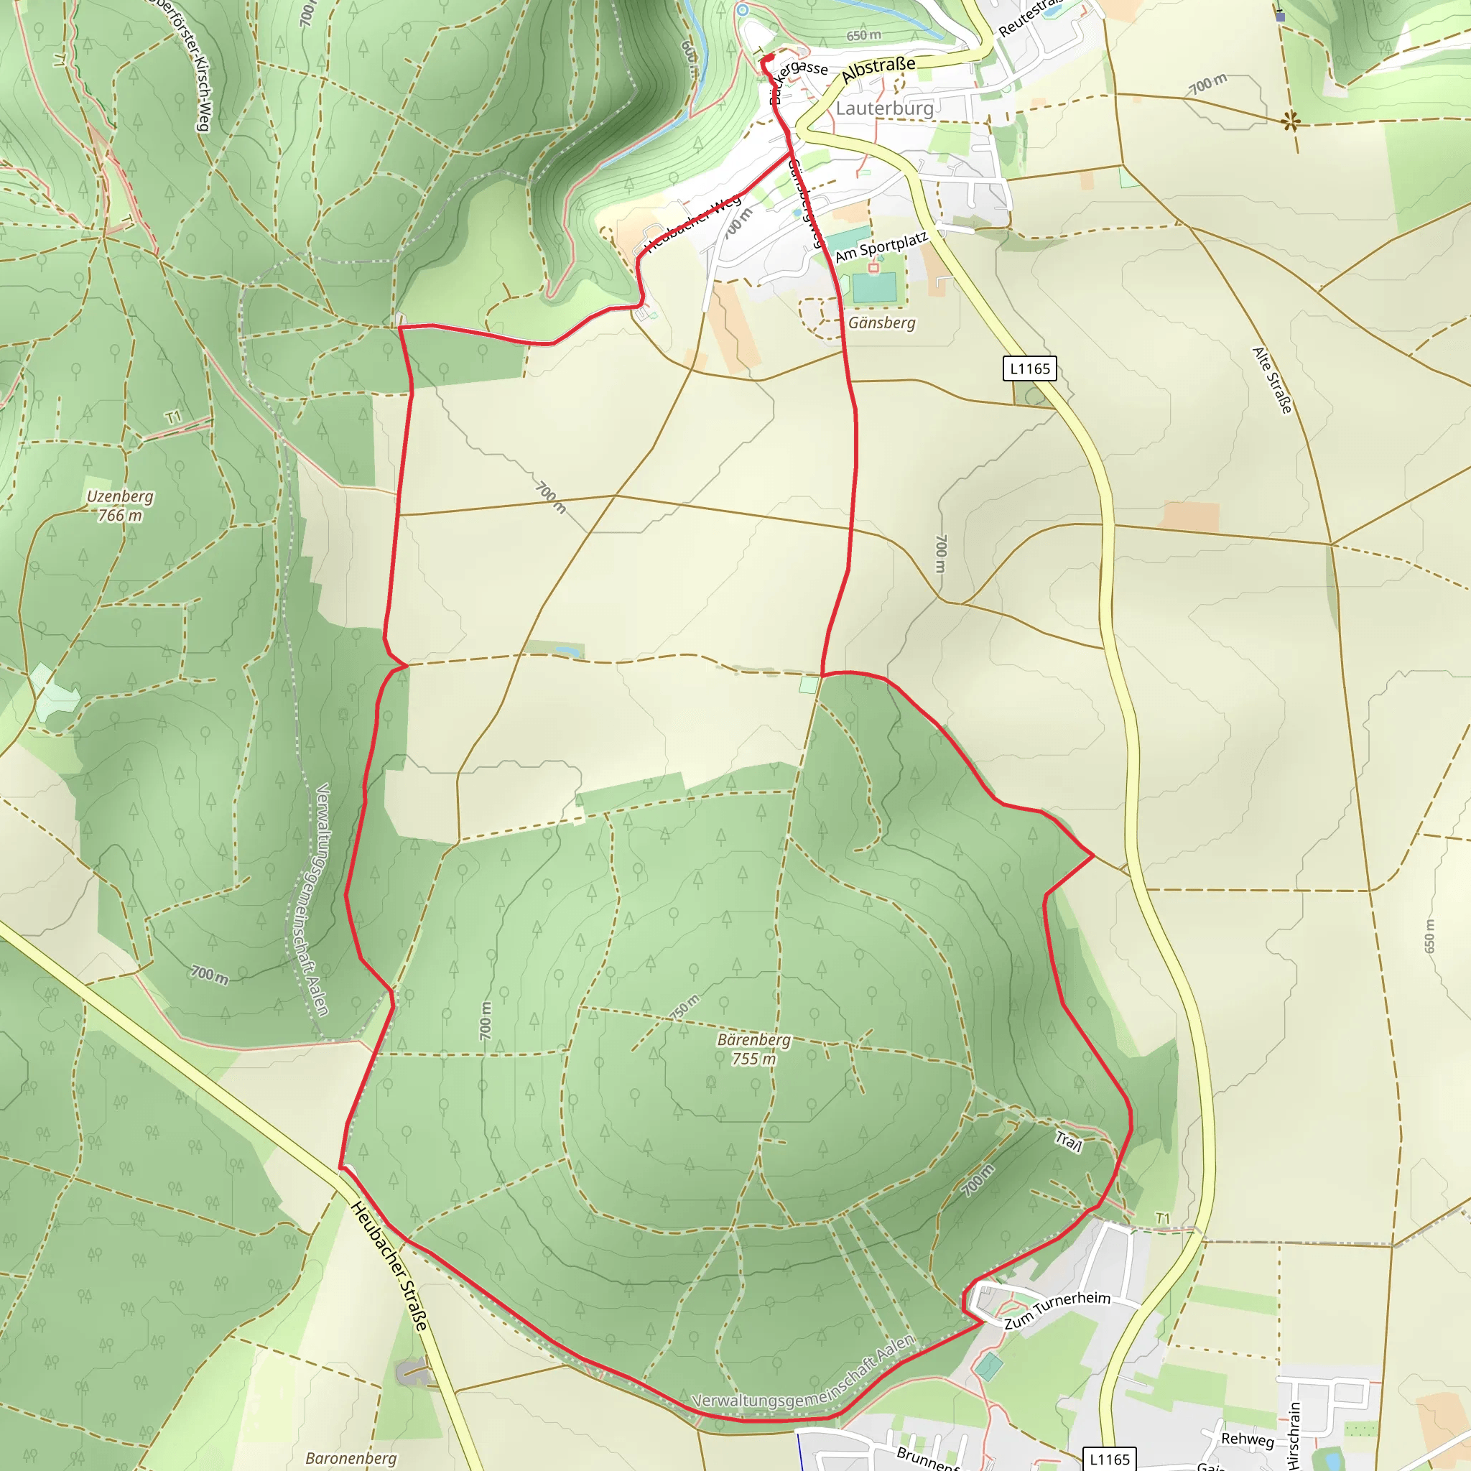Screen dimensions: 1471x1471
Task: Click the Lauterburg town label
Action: coord(884,108)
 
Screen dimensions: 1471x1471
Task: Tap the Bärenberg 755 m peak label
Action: coord(753,1049)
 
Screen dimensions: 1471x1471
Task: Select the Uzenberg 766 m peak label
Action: coord(120,506)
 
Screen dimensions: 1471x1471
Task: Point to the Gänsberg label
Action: coord(882,322)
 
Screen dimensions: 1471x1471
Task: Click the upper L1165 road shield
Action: coord(1029,369)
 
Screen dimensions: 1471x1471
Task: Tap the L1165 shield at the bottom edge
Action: coord(1109,1459)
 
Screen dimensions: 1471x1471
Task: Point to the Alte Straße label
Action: coord(1272,381)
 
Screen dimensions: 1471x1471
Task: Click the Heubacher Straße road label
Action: coord(389,1267)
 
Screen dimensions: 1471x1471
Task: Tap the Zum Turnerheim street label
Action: coord(1057,1309)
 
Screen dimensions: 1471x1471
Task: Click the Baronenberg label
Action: coord(351,1458)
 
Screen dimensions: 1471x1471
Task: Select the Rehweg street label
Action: coord(1247,1438)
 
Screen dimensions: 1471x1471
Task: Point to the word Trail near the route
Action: coord(1068,1141)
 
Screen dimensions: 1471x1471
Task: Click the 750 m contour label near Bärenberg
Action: coord(685,1007)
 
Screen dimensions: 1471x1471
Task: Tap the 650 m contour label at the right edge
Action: coord(1429,937)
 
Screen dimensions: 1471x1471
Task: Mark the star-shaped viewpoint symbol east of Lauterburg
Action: coord(1290,120)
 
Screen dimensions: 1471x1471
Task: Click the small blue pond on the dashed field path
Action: coord(568,651)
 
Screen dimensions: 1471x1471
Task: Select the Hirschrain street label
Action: coord(1294,1436)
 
